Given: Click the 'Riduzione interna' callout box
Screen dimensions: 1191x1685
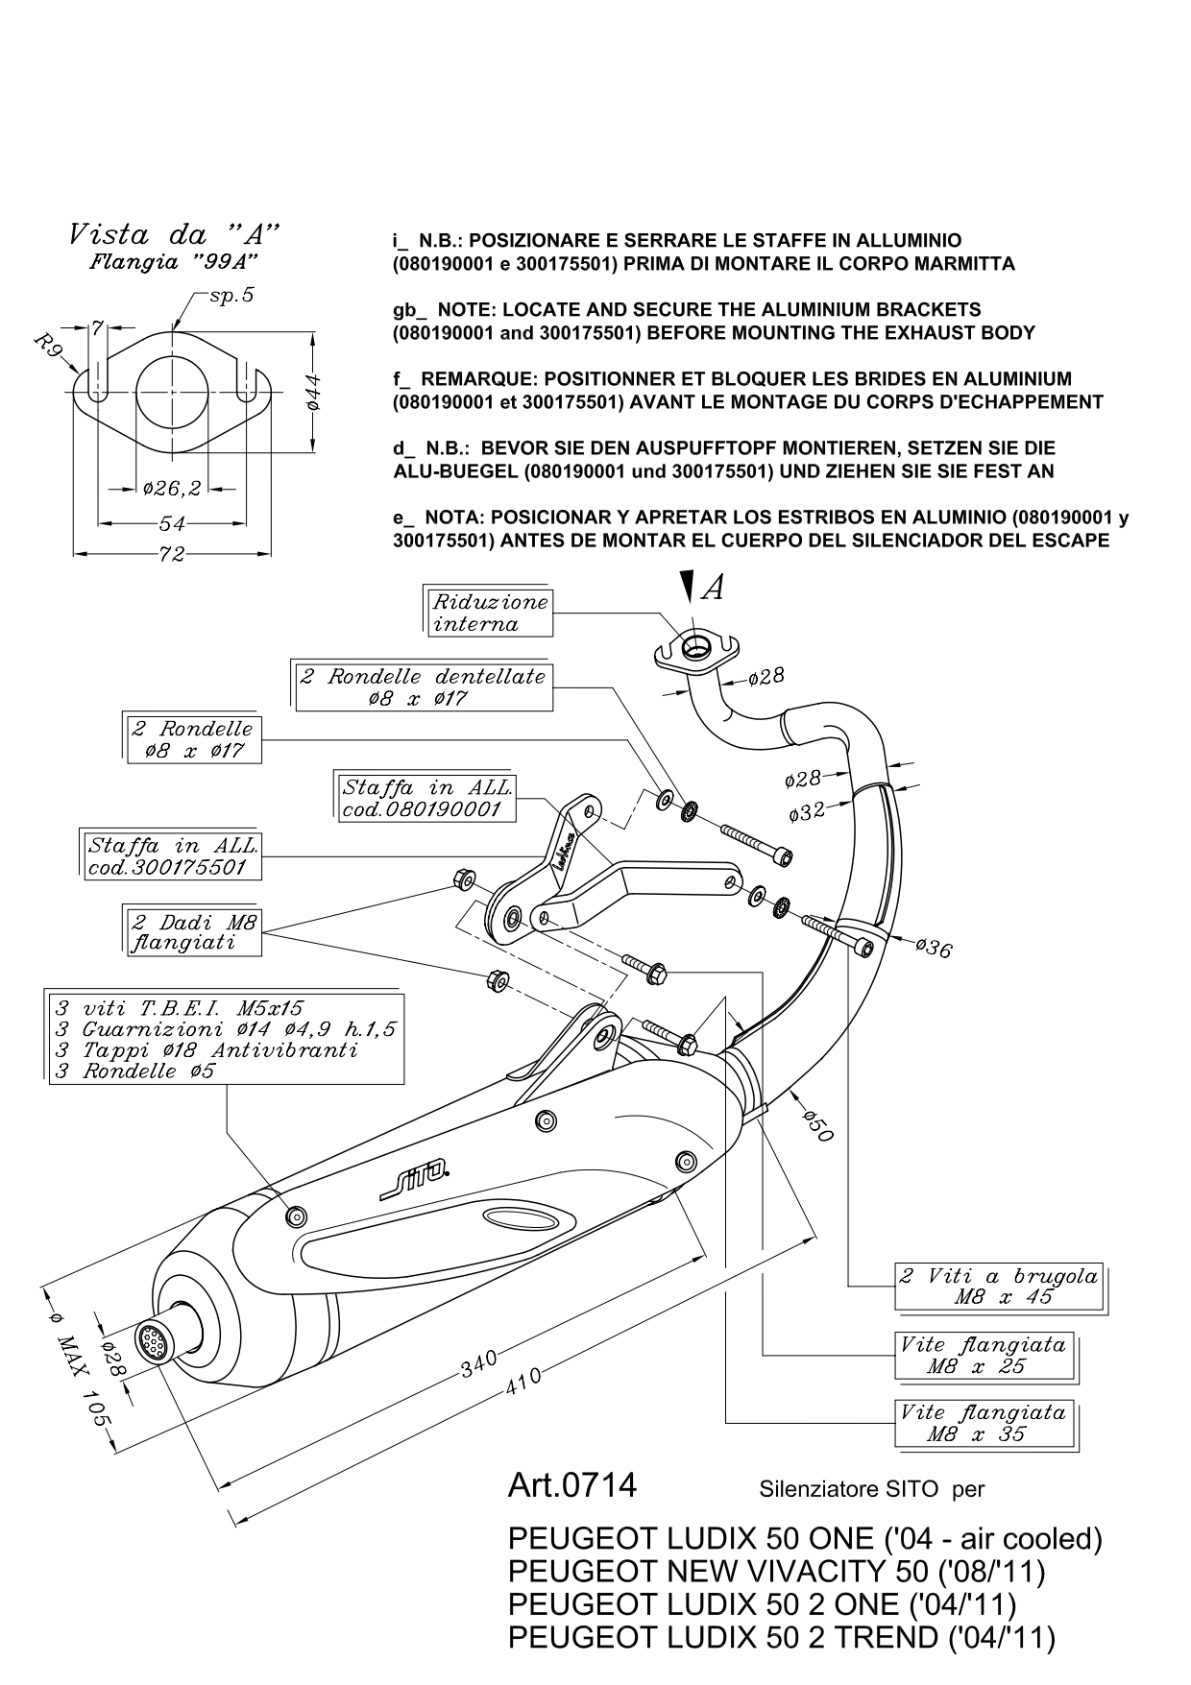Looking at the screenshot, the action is click(x=490, y=613).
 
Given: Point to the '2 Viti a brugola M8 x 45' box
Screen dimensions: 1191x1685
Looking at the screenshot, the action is click(x=999, y=1287).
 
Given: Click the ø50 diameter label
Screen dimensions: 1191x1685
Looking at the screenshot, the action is click(x=817, y=1124).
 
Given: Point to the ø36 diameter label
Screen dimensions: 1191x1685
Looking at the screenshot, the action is click(x=933, y=948).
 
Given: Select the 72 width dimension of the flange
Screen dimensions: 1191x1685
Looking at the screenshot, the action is click(x=171, y=554).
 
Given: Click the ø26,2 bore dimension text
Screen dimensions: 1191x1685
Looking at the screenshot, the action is click(x=172, y=489).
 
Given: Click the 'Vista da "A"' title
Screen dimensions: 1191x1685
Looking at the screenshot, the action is click(x=174, y=233).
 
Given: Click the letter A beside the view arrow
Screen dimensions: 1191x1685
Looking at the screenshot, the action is click(x=713, y=588).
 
